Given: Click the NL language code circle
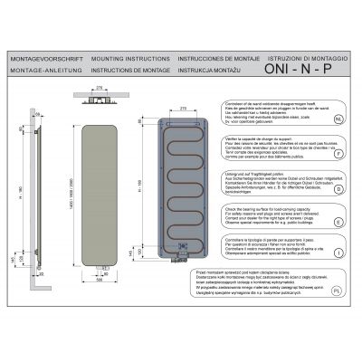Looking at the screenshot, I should [x=338, y=118].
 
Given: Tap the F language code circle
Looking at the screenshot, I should [x=338, y=155].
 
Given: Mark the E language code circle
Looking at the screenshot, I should [x=338, y=219].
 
